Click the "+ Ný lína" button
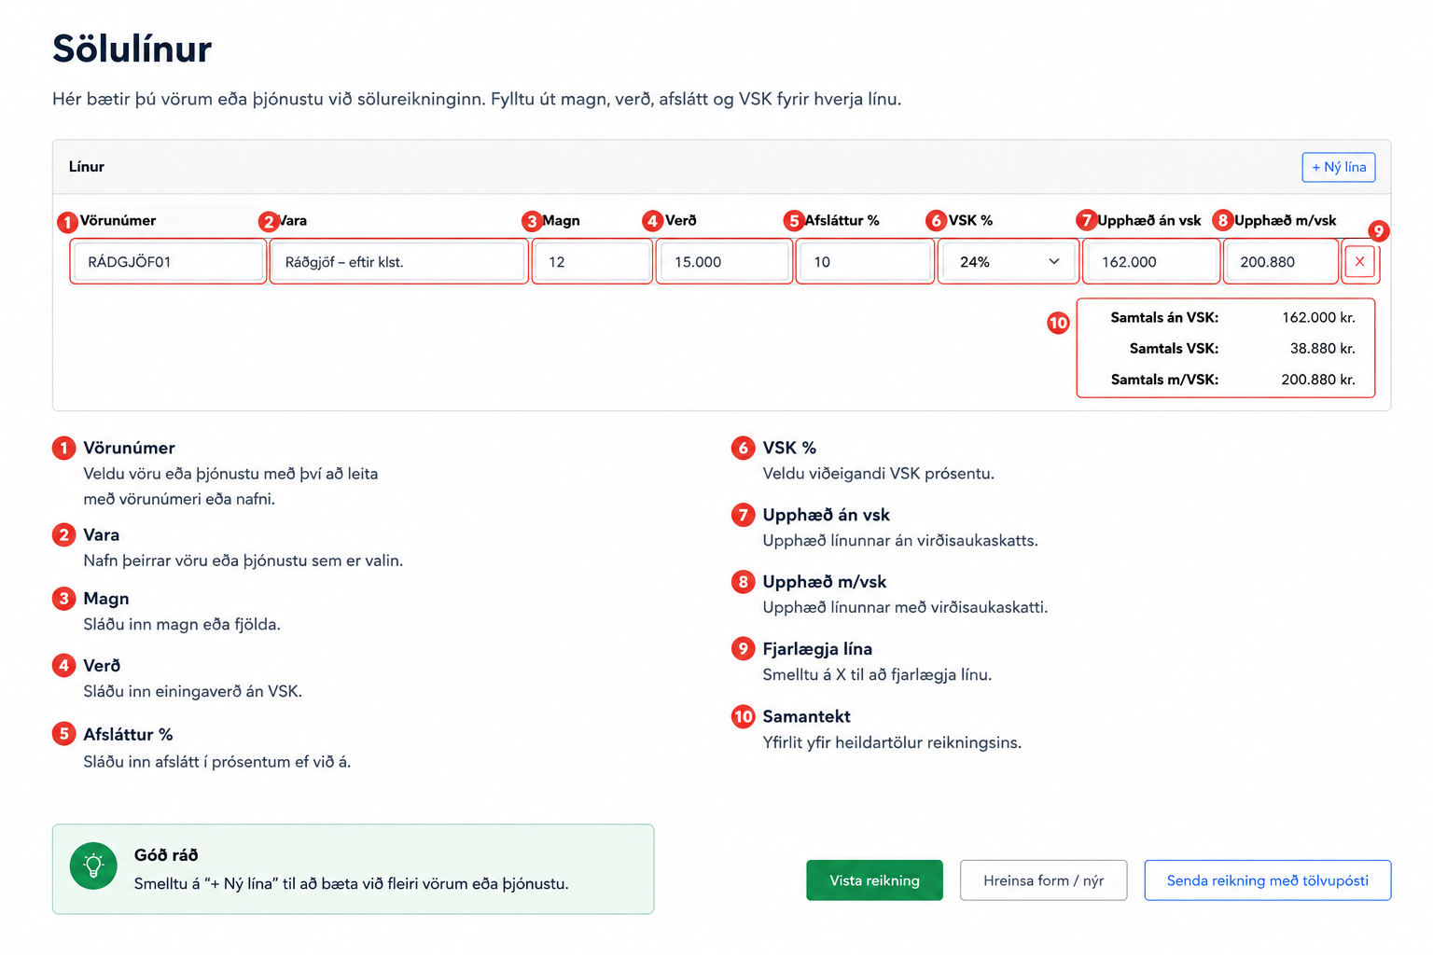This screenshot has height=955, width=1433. point(1339,167)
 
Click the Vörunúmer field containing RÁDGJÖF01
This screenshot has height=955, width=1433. point(168,262)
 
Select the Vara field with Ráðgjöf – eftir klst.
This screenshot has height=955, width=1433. point(398,262)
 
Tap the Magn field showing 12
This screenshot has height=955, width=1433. point(591,262)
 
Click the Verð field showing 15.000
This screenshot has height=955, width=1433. point(724,262)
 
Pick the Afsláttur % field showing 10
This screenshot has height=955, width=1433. point(864,262)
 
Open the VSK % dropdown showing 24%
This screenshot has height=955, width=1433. point(1009,262)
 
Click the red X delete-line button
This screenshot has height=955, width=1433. point(1360,262)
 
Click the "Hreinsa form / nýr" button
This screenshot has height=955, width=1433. point(1043,880)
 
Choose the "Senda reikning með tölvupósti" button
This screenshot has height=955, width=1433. point(1267,880)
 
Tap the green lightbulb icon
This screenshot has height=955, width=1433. point(93,865)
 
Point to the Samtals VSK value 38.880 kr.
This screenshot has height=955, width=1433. point(1322,349)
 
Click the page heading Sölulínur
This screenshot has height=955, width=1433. point(132,48)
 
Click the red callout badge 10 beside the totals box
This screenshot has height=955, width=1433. point(1058,323)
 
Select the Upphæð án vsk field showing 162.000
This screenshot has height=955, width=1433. point(1151,262)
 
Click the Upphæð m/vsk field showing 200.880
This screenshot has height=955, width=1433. point(1281,262)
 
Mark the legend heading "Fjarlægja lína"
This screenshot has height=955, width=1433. point(817,648)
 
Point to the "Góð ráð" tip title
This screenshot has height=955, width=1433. point(166,855)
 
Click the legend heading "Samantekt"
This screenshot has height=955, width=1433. point(806,716)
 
